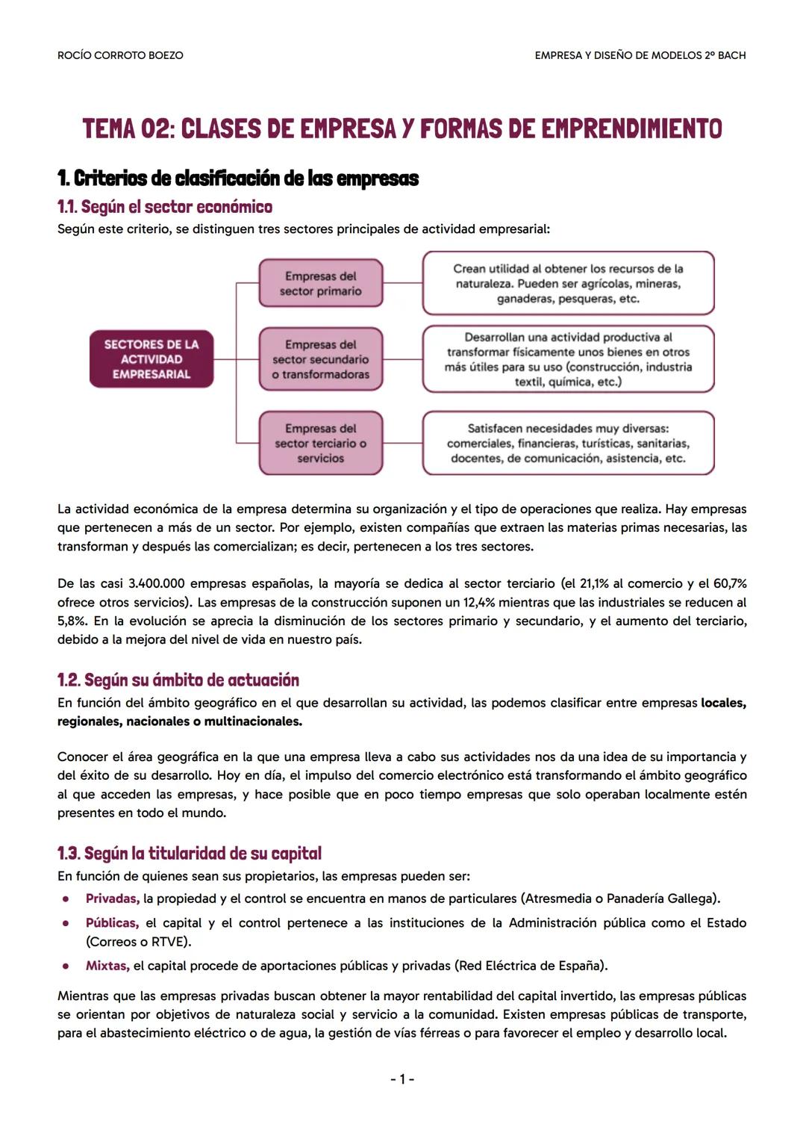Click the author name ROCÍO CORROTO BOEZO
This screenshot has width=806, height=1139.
click(x=120, y=55)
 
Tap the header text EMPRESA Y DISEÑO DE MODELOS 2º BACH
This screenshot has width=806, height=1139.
click(x=640, y=55)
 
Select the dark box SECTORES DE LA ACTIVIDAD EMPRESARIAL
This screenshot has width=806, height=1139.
click(x=151, y=359)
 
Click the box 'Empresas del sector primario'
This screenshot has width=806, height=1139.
click(x=320, y=284)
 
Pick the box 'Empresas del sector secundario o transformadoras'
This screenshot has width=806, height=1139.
click(x=320, y=359)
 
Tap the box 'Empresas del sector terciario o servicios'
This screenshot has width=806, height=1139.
click(x=320, y=443)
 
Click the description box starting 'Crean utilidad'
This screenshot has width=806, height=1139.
click(x=568, y=284)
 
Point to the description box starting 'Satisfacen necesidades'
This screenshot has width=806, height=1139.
click(x=568, y=443)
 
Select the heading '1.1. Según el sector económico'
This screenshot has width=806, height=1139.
click(x=164, y=207)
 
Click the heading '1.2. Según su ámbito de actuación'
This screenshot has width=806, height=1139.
click(x=178, y=680)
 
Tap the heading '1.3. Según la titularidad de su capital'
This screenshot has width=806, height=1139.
click(x=189, y=853)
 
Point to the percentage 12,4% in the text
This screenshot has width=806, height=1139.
click(x=481, y=603)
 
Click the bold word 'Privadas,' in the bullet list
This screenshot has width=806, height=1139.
click(x=112, y=899)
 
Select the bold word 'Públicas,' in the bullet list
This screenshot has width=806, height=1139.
click(x=112, y=923)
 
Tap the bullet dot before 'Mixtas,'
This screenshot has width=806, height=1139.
click(x=66, y=966)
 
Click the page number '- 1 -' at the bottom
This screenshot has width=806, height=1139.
click(x=402, y=1079)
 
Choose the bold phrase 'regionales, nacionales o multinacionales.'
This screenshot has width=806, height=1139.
click(x=180, y=721)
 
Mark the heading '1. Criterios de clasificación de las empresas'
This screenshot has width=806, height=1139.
click(x=237, y=179)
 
